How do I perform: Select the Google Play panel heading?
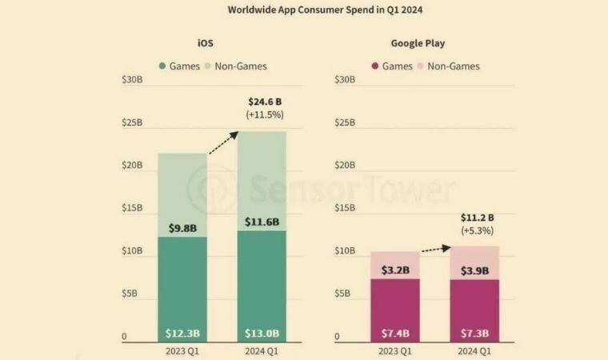pyautogui.click(x=418, y=43)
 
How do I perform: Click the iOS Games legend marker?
pyautogui.click(x=162, y=66)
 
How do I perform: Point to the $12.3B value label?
pyautogui.click(x=182, y=333)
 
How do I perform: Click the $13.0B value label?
pyautogui.click(x=262, y=333)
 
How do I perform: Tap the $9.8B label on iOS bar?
pyautogui.click(x=182, y=228)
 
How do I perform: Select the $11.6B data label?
pyautogui.click(x=262, y=222)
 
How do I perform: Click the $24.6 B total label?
pyautogui.click(x=264, y=102)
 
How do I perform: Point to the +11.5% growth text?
pyautogui.click(x=264, y=115)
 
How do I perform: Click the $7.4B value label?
pyautogui.click(x=395, y=333)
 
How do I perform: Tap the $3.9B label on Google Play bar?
pyautogui.click(x=474, y=271)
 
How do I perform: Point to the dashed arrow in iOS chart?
pyautogui.click(x=224, y=142)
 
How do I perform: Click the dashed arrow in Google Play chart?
pyautogui.click(x=436, y=249)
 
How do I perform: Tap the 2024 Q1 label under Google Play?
pyautogui.click(x=474, y=351)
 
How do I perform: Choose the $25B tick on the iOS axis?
pyautogui.click(x=132, y=123)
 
